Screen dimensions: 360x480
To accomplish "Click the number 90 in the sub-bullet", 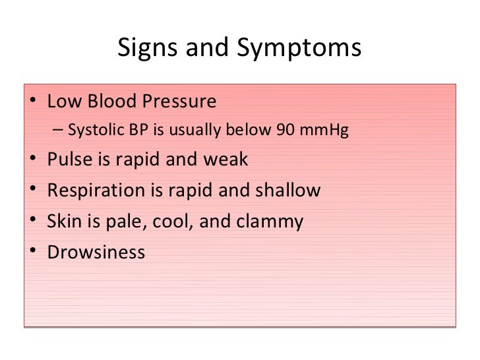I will coord(285,131).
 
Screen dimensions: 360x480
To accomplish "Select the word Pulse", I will coord(66,160).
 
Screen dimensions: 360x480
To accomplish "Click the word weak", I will coord(225,160).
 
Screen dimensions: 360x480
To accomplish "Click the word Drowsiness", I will coord(96,253).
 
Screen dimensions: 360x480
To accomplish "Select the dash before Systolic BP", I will coord(59,131).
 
